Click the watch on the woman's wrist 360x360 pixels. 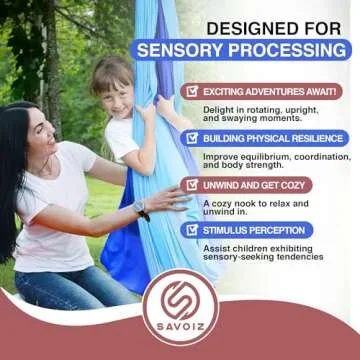(x=141, y=209)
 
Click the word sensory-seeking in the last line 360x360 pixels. (x=237, y=258)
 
